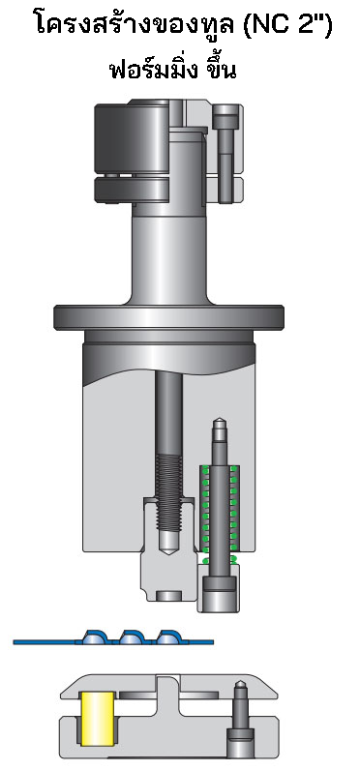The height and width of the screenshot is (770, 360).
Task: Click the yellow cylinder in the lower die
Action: coord(97,718)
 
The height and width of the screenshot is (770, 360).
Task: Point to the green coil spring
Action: coord(221,513)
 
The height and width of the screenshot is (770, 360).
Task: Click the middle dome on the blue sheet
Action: coord(132,637)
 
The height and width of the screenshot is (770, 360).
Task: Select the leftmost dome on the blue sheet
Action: coord(94,637)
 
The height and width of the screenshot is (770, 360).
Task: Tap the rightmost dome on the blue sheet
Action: coord(168,637)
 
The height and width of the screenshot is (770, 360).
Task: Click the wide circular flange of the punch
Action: coord(173,317)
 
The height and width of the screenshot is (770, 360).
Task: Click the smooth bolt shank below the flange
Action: coord(169,416)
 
